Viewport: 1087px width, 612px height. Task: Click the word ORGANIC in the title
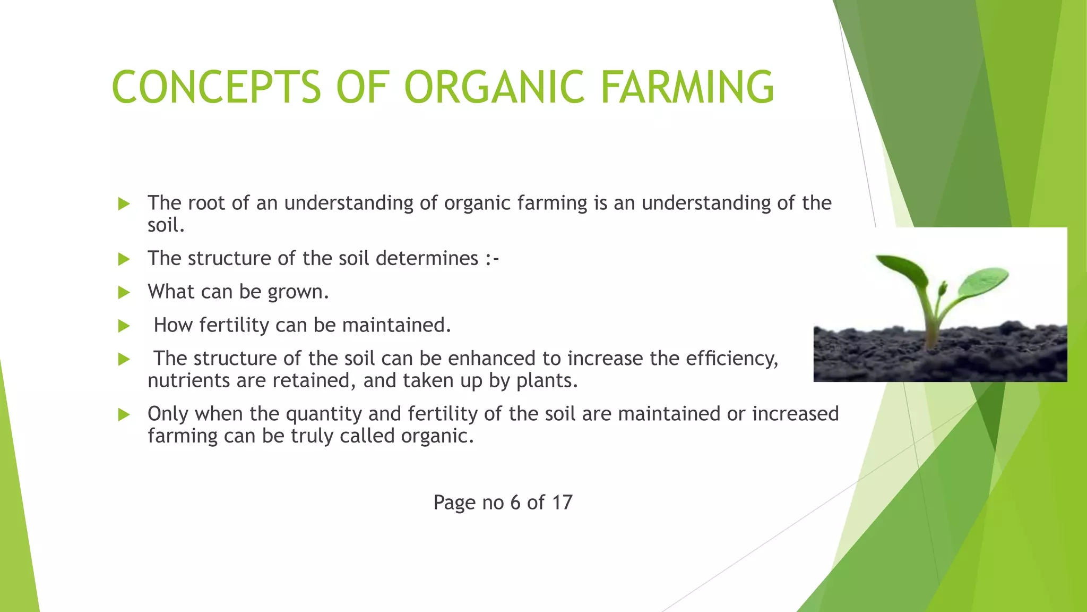494,87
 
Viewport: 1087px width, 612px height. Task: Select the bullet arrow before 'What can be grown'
124,292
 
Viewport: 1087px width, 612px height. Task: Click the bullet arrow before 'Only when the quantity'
124,414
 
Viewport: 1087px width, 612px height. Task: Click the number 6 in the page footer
515,503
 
